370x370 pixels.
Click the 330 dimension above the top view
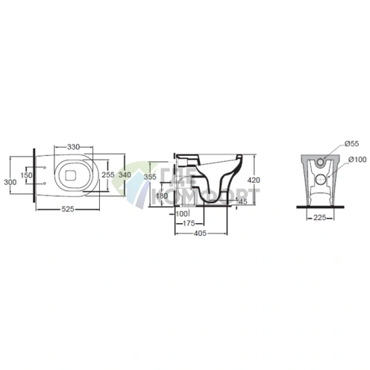coord(73,147)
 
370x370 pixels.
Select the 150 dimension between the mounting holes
coord(26,175)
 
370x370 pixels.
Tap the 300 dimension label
coord(10,182)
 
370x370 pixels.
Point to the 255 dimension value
coord(108,175)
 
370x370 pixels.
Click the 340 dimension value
coord(125,175)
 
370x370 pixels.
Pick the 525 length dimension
coord(68,210)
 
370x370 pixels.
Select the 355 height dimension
coord(150,177)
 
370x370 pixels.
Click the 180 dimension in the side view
coord(162,195)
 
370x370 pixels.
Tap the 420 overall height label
coord(254,180)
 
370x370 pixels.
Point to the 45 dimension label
coord(243,201)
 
